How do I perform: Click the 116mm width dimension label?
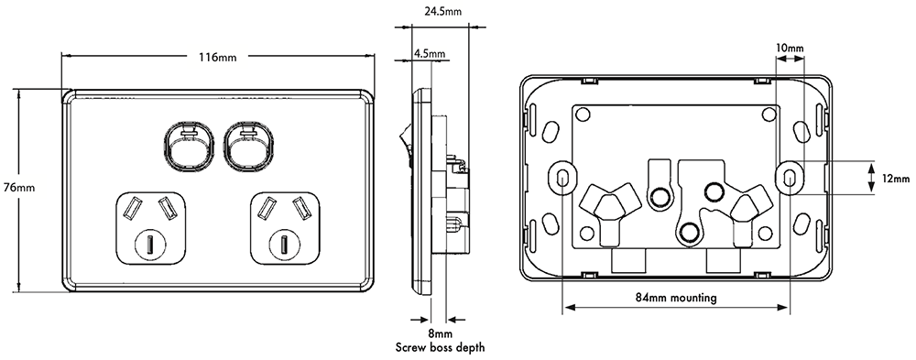click(x=218, y=58)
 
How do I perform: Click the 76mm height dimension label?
click(x=19, y=188)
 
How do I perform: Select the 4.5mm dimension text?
click(x=430, y=54)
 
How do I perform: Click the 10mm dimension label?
click(x=790, y=48)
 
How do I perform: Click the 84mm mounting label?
click(x=675, y=298)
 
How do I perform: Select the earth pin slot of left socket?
click(x=150, y=245)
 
